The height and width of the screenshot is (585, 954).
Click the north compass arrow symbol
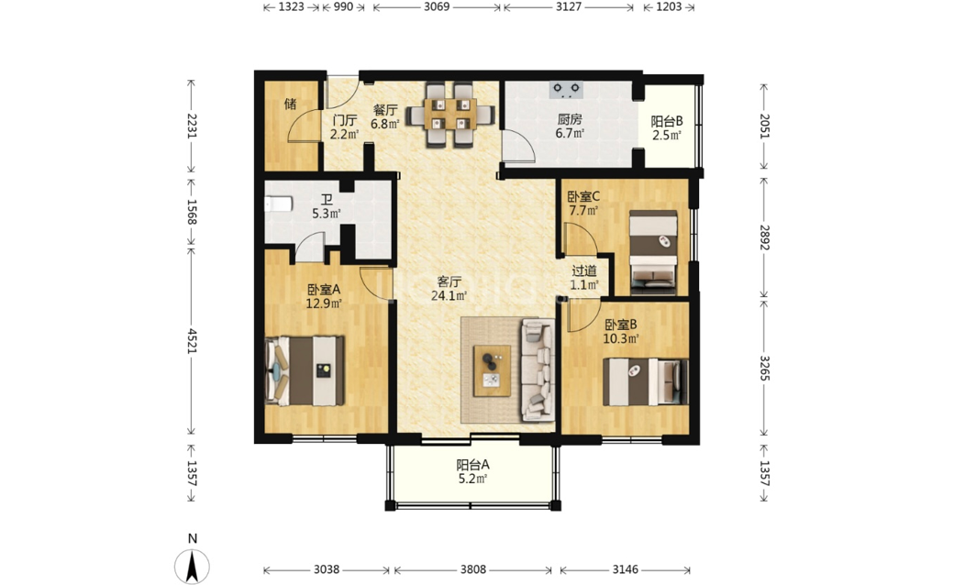[x=193, y=567]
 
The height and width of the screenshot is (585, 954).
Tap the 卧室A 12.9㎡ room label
[x=323, y=296]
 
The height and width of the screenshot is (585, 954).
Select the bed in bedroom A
[x=305, y=371]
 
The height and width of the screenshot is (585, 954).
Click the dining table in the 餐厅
[x=450, y=115]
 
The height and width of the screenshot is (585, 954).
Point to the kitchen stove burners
[x=567, y=90]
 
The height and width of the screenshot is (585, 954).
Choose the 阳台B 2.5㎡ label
[x=667, y=127]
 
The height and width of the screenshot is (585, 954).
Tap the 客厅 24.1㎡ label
[x=449, y=289]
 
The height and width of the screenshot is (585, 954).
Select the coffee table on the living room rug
[x=492, y=370]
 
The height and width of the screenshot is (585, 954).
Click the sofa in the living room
[x=538, y=370]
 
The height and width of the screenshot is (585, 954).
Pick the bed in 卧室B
[x=645, y=381]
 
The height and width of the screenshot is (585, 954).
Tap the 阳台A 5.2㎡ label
[x=472, y=472]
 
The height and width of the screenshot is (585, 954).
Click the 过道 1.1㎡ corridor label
[x=584, y=277]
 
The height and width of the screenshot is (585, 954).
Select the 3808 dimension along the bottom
[x=472, y=569]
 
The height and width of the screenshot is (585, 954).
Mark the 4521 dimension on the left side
[x=193, y=340]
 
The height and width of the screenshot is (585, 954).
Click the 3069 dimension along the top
[x=437, y=6]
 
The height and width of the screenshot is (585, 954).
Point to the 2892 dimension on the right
[x=764, y=237]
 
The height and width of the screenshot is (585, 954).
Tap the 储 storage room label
[x=290, y=104]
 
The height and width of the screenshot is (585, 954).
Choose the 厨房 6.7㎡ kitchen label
[x=570, y=126]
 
